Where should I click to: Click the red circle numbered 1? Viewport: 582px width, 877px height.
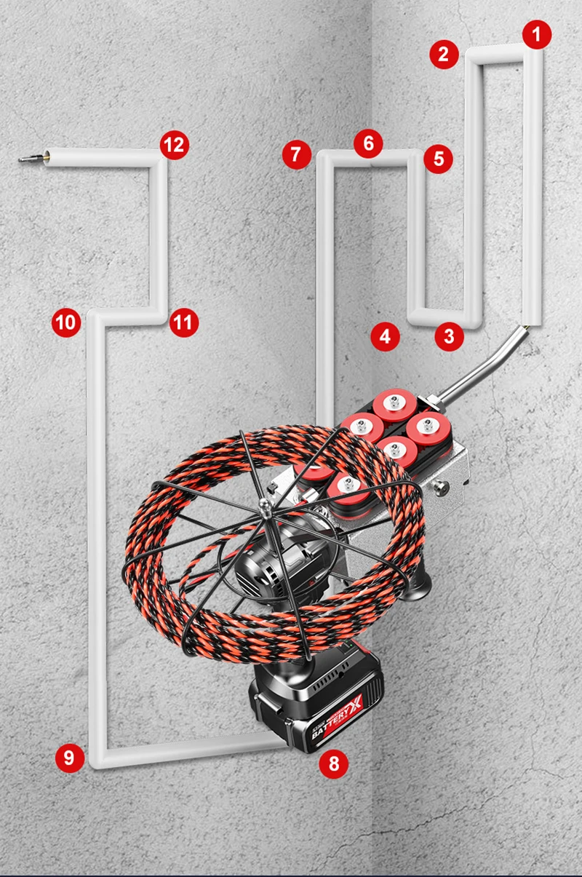pyautogui.click(x=537, y=33)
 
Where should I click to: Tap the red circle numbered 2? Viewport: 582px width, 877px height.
pyautogui.click(x=444, y=54)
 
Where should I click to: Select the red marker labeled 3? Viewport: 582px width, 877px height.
pyautogui.click(x=449, y=336)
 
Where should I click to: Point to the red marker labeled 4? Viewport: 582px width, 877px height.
pyautogui.click(x=385, y=336)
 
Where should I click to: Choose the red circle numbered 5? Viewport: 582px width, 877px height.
pyautogui.click(x=438, y=158)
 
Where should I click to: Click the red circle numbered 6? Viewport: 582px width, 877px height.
pyautogui.click(x=369, y=143)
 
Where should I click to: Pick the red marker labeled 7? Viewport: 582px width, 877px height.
pyautogui.click(x=296, y=155)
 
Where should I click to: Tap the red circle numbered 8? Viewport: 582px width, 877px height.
pyautogui.click(x=333, y=763)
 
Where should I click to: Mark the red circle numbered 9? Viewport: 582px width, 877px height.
pyautogui.click(x=69, y=758)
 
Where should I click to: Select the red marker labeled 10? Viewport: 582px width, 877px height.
pyautogui.click(x=66, y=322)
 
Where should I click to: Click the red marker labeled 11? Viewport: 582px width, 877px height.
pyautogui.click(x=183, y=322)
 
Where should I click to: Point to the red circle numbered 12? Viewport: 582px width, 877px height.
pyautogui.click(x=174, y=145)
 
